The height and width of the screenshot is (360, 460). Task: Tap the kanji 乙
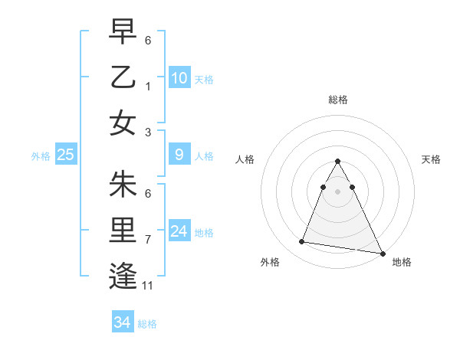pos(123,77)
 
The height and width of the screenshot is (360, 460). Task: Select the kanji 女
pos(123,123)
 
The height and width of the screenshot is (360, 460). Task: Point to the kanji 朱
pos(123,184)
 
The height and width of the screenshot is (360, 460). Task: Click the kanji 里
pos(123,231)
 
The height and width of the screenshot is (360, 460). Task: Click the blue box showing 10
pos(179,78)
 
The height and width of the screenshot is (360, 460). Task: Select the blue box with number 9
pos(179,155)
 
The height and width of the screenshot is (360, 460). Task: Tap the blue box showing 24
pos(179,231)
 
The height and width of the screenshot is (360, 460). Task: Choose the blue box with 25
pos(66,155)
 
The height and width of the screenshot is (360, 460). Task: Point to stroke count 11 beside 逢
pos(148,286)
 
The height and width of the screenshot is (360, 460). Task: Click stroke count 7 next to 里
pos(148,240)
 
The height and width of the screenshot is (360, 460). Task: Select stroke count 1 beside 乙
pos(148,86)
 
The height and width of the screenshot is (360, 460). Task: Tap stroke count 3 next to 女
pos(148,132)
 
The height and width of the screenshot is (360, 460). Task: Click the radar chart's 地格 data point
pos(381,253)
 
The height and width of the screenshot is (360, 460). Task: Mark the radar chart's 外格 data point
pos(302,242)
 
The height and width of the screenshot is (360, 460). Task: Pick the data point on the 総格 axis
pos(337,161)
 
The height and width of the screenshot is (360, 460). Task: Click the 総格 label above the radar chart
pos(337,100)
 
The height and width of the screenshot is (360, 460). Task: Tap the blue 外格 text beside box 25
pos(41,155)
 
